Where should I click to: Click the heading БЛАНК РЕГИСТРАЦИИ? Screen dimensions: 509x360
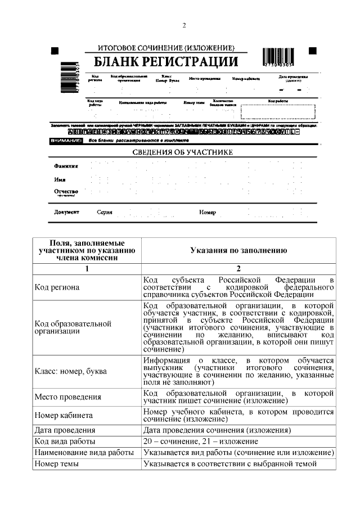165,61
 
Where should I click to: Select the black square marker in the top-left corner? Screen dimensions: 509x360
55,51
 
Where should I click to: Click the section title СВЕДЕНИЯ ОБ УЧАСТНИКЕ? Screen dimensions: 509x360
182,152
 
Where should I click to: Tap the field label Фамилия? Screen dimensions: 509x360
66,166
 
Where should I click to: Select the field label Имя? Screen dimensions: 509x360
60,179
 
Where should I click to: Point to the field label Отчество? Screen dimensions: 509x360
66,192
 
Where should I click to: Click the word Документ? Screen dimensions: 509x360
66,212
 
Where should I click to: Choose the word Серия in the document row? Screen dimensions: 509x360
105,212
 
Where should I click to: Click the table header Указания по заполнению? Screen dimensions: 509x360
238,251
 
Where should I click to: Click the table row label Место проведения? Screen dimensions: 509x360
67,397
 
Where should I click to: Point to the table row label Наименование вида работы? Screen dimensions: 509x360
84,452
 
